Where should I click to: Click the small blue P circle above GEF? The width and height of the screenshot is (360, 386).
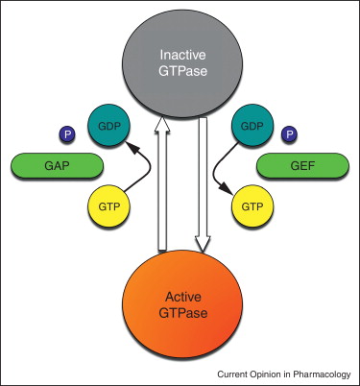pyautogui.click(x=286, y=133)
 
